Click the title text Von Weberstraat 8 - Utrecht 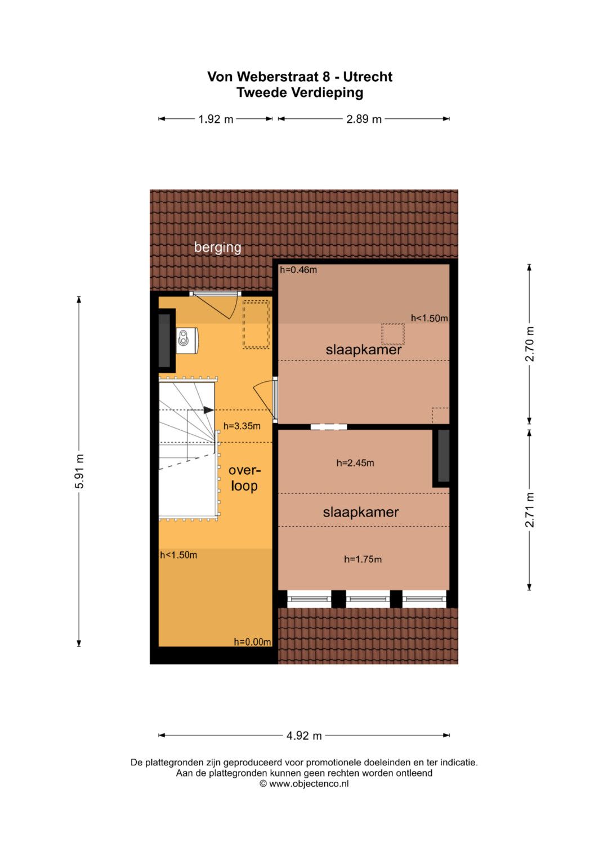click(x=299, y=77)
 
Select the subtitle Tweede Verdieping click(x=299, y=93)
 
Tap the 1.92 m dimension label click(x=216, y=119)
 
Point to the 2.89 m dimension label click(x=364, y=119)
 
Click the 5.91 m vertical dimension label click(x=79, y=471)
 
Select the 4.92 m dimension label click(x=304, y=736)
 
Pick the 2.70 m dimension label click(x=530, y=344)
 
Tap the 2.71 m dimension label click(x=530, y=510)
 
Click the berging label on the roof click(x=218, y=248)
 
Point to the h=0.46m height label click(x=298, y=270)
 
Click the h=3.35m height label click(x=242, y=426)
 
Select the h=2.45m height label click(x=355, y=463)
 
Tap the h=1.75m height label click(x=363, y=559)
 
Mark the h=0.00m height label click(x=253, y=642)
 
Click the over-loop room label click(x=244, y=478)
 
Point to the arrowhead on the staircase click(x=209, y=410)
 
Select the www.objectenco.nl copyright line click(x=304, y=784)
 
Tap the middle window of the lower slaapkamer click(x=368, y=599)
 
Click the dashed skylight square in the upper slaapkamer click(x=393, y=334)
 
